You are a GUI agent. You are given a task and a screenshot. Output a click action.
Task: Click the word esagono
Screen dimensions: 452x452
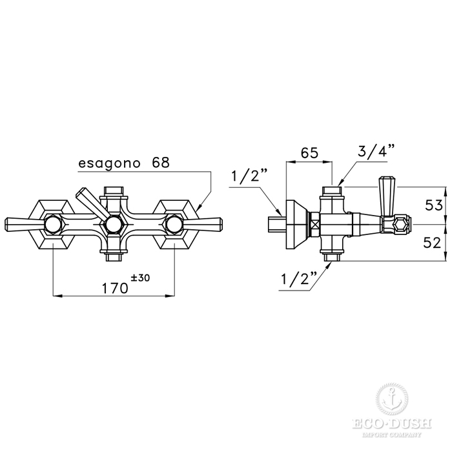coord(109,164)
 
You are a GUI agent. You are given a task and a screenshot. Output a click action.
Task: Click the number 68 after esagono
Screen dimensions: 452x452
coord(161,162)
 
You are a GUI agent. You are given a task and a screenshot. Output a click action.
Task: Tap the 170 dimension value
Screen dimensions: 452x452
coord(115,288)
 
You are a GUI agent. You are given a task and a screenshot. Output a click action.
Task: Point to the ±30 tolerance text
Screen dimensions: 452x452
coord(140,278)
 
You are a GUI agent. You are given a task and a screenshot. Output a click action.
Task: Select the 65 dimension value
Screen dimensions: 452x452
coord(309,153)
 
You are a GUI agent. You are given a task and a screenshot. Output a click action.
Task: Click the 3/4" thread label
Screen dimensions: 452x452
coord(376,150)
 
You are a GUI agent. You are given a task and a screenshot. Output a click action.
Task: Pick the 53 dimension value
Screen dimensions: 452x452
coord(434,205)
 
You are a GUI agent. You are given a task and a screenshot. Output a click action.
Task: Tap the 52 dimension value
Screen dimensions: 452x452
coord(432,243)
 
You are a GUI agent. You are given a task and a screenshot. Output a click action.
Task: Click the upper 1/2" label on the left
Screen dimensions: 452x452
coord(250,176)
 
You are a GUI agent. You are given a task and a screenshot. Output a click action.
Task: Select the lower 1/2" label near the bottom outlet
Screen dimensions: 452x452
coord(299,278)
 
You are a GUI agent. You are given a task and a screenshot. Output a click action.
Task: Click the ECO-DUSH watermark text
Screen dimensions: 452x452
coord(392,424)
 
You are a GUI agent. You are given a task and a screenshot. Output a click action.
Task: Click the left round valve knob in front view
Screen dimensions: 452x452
coord(53,223)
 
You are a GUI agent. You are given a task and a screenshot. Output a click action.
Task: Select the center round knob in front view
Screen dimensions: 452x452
coord(114,224)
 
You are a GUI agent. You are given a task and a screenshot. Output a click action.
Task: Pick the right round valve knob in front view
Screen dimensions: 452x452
coord(174,223)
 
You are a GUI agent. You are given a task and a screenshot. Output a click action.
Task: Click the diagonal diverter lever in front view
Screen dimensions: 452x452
coord(90,205)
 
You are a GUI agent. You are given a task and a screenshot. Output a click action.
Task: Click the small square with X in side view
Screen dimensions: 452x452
coord(314,224)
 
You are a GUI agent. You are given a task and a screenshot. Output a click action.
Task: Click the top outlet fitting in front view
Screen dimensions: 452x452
coord(114,191)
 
